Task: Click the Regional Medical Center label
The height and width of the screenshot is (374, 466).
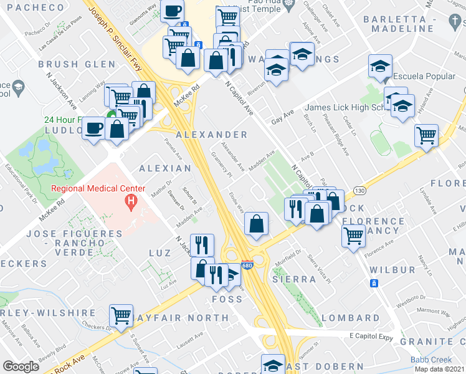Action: tap(98, 188)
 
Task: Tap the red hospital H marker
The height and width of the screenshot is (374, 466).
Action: tap(131, 201)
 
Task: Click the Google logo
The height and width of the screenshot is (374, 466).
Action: tap(21, 367)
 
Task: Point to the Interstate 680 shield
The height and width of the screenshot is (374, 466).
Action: tap(247, 264)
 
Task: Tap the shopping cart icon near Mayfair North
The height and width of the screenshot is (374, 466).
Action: tap(120, 315)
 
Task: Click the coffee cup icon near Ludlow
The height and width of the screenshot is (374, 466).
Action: tap(93, 128)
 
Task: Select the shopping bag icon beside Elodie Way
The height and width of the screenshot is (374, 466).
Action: tap(256, 223)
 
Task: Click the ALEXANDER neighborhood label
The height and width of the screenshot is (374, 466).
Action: tap(212, 135)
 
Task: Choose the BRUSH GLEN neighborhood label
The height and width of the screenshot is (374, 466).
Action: tap(77, 64)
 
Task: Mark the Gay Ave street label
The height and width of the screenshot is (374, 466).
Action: tap(282, 117)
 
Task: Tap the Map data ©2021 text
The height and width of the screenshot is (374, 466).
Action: tap(439, 369)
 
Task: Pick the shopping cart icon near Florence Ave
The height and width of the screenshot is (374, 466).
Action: tap(353, 236)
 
